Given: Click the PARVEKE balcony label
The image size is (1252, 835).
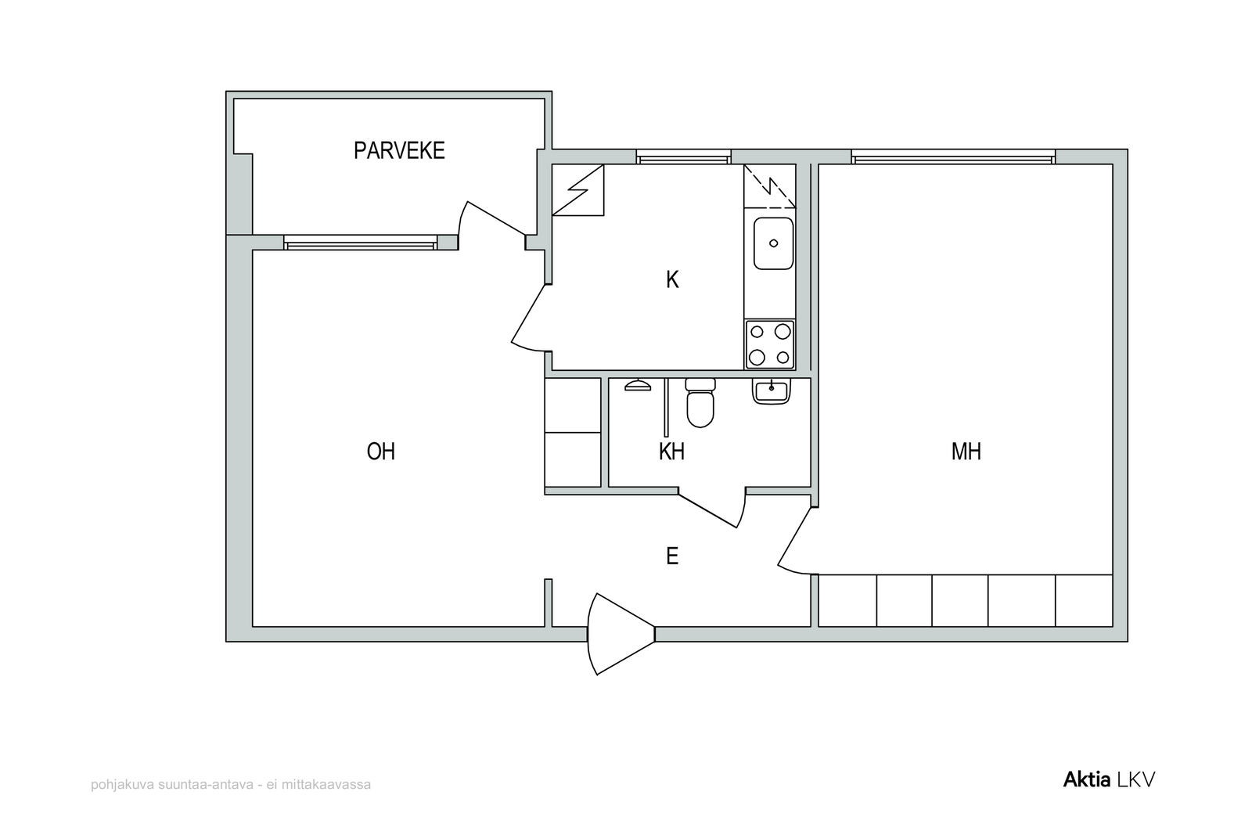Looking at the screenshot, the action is click(399, 150).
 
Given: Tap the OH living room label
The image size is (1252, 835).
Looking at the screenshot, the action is click(380, 451).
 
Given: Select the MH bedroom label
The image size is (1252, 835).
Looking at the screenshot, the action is click(966, 451).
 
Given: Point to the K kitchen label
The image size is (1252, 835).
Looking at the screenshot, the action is click(672, 279).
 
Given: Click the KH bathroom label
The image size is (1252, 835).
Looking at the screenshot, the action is click(671, 451).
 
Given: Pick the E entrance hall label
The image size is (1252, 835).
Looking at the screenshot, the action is click(672, 556).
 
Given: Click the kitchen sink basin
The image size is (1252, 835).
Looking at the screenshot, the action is click(774, 243).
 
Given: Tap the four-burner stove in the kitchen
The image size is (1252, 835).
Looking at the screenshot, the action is click(770, 344).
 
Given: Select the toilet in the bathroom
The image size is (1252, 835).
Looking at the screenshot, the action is click(700, 402).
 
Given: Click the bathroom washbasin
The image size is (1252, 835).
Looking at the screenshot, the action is click(772, 391).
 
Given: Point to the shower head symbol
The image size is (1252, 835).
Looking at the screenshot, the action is click(638, 385).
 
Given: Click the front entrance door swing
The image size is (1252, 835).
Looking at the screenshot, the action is click(621, 634).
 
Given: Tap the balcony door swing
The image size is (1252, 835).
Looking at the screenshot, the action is click(491, 224).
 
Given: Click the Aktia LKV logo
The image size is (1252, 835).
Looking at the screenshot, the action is click(1109, 779).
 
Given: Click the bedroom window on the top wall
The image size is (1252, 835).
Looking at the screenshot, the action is click(953, 157).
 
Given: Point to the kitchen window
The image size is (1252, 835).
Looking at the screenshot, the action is click(683, 157).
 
